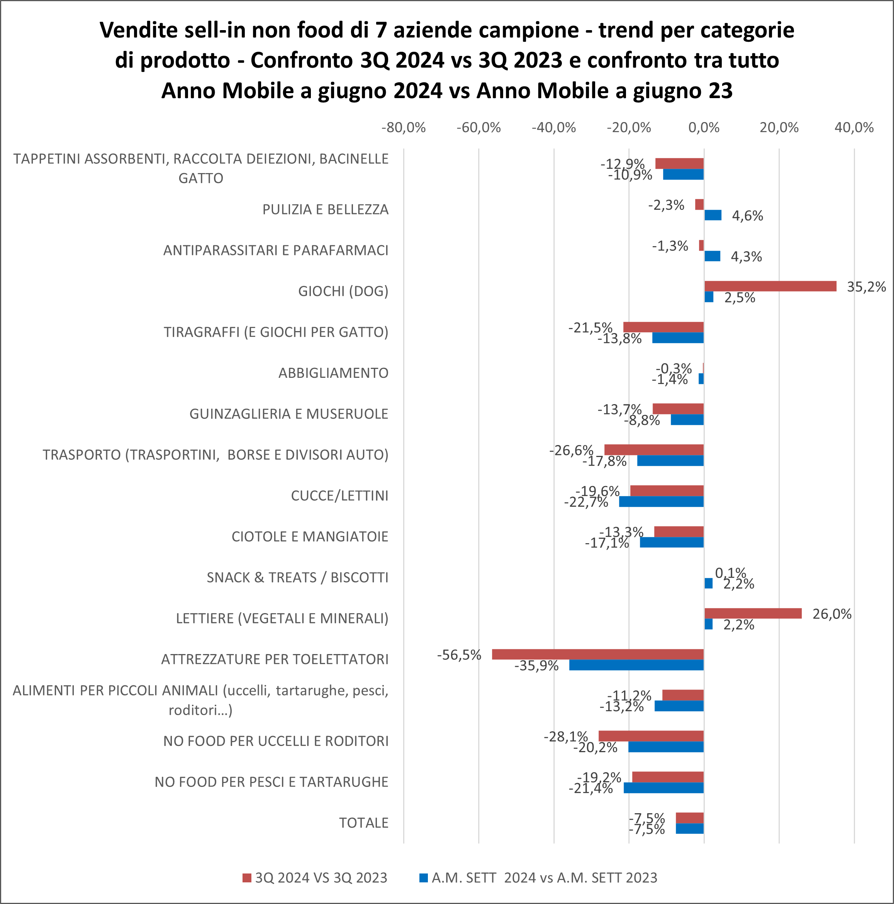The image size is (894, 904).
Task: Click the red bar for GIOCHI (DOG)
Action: point(770,286)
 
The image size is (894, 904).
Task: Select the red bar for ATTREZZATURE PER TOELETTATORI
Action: point(597,654)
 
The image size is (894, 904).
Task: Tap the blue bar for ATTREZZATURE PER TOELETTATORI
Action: point(636,665)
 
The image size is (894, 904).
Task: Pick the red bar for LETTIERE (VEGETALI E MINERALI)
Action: point(753,613)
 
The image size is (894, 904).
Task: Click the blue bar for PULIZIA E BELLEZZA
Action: point(712,215)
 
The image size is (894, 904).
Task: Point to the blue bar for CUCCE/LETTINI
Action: point(661,501)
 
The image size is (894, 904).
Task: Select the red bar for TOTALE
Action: point(690,818)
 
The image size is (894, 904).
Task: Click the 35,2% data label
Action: point(867,287)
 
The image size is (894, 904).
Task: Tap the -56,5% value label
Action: point(459,654)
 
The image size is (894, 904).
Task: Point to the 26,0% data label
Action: point(832,614)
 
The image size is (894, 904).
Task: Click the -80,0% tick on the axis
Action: point(403,128)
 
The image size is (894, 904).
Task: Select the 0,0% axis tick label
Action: point(704,128)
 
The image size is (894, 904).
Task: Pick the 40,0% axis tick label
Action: point(854,128)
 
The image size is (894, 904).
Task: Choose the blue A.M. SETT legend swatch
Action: point(423,878)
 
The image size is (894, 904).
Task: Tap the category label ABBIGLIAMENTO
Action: point(333,373)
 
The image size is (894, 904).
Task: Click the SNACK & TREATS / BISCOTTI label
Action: point(297,578)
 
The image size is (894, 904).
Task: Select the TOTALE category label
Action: point(363,823)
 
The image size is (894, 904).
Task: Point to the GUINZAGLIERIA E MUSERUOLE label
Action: point(288,414)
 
